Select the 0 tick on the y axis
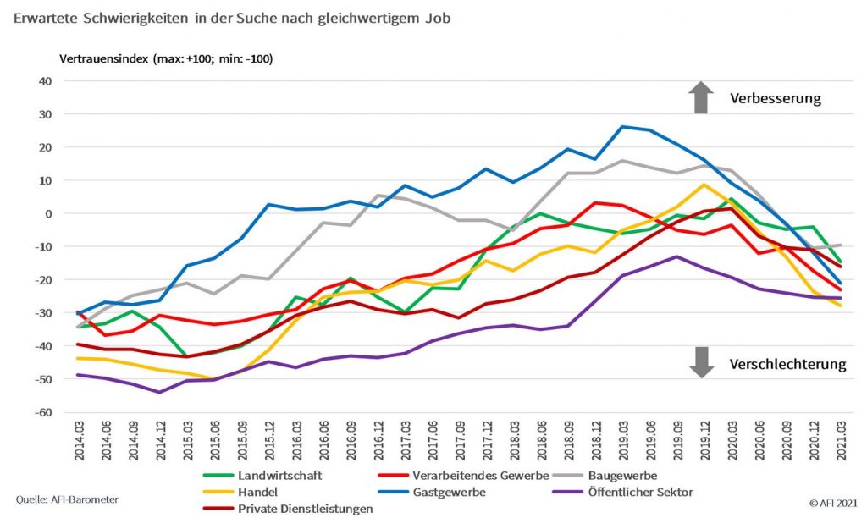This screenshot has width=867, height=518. [x=49, y=214]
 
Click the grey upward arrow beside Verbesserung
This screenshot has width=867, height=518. [x=700, y=97]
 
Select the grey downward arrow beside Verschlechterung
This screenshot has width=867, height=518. [x=700, y=361]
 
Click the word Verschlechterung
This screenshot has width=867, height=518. [x=787, y=365]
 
